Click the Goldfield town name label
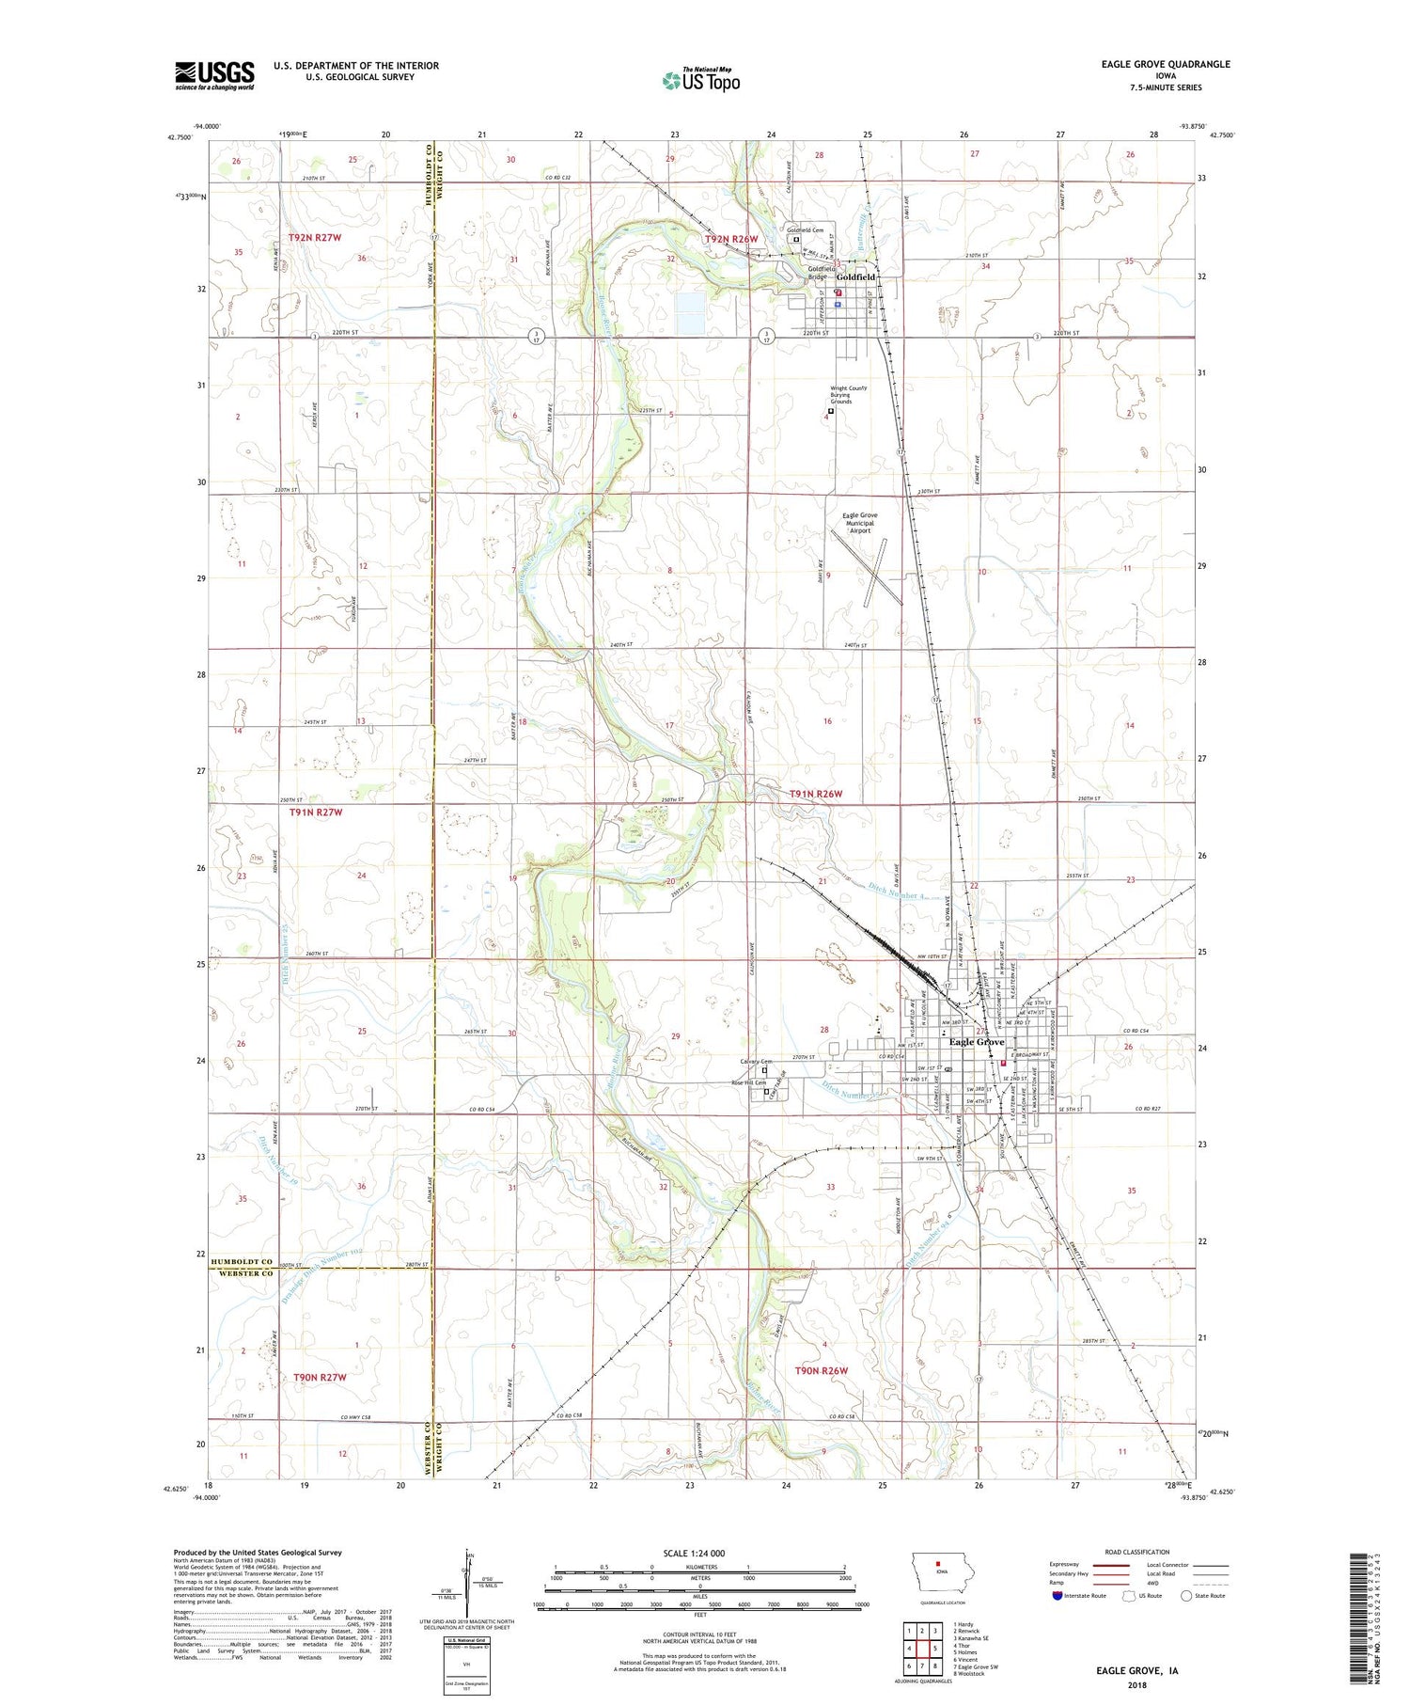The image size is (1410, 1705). pyautogui.click(x=855, y=277)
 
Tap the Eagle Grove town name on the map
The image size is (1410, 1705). pyautogui.click(x=977, y=1042)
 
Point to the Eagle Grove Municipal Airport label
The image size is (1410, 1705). pyautogui.click(x=859, y=523)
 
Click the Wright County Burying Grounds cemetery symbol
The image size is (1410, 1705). pyautogui.click(x=831, y=411)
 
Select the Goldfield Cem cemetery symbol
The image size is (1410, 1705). pyautogui.click(x=796, y=239)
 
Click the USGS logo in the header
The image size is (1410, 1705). pyautogui.click(x=214, y=75)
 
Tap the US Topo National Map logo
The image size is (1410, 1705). pyautogui.click(x=700, y=80)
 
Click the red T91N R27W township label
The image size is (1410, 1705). pyautogui.click(x=316, y=812)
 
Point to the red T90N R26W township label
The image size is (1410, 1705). pyautogui.click(x=822, y=1370)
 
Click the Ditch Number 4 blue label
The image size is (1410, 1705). pyautogui.click(x=897, y=889)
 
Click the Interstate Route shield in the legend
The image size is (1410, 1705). pyautogui.click(x=1057, y=1596)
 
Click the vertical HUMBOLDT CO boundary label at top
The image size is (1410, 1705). pyautogui.click(x=428, y=175)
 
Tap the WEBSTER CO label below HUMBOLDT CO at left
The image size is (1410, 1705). pyautogui.click(x=241, y=1273)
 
